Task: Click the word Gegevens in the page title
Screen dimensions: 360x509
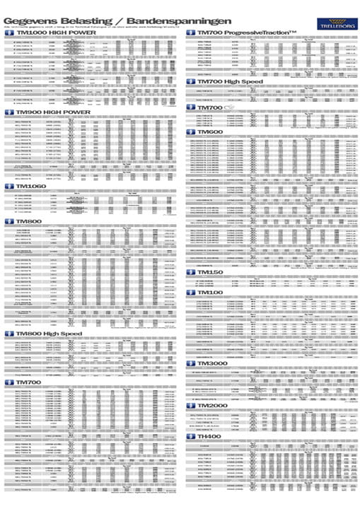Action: click(x=30, y=10)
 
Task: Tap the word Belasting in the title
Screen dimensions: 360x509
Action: click(x=83, y=10)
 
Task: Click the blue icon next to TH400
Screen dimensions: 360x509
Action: click(x=190, y=437)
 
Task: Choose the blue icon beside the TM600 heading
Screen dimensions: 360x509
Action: click(x=190, y=132)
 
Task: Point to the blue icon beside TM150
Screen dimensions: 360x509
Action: click(x=190, y=272)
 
